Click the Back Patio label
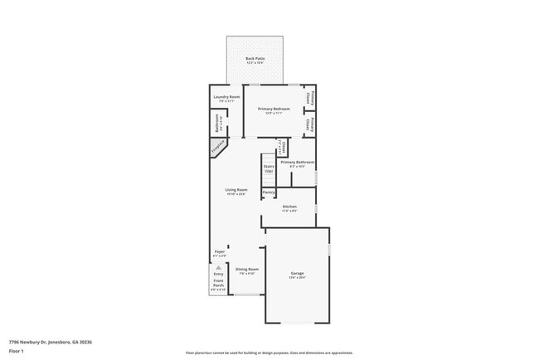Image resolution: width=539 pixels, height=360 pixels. tap(255, 59)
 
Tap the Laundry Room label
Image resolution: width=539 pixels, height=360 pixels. tap(226, 98)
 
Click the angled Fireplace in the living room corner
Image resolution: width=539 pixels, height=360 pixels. tap(218, 148)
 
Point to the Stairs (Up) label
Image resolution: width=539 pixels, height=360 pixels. tap(269, 168)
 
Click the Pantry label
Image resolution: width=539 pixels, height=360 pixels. tap(269, 192)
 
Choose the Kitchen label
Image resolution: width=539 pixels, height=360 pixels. tap(289, 207)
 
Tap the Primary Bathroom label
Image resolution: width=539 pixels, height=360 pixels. tap(297, 163)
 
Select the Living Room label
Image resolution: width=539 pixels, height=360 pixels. tap(236, 191)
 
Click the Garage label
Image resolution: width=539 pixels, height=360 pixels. tap(297, 274)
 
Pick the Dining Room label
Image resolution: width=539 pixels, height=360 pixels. tap(247, 270)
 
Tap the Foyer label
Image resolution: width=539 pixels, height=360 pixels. tap(220, 251)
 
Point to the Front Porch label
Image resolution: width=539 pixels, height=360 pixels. tap(218, 286)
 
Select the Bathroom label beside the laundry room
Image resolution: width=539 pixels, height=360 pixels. tap(218, 128)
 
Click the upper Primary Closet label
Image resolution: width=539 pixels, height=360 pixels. tap(308, 97)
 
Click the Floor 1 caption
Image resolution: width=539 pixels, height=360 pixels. tap(17, 352)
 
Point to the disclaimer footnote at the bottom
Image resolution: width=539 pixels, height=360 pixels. tap(269, 352)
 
